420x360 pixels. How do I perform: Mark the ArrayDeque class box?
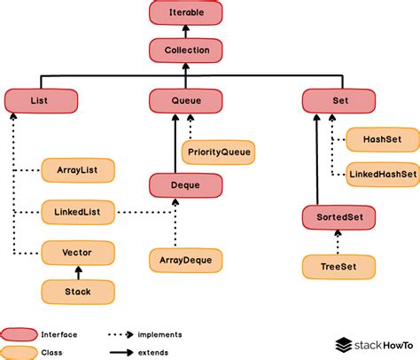[x=185, y=261]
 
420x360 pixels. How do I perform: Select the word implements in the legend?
[x=159, y=334]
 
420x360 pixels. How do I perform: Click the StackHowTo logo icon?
[x=345, y=344]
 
